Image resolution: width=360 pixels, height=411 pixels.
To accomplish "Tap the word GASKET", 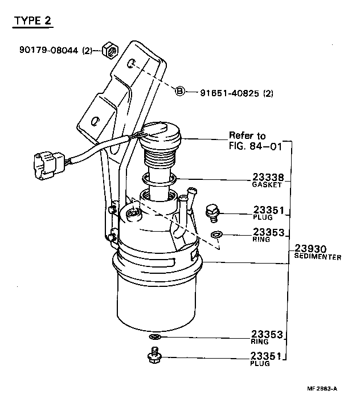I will [268, 185].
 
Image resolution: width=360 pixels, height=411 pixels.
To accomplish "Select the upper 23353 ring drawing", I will [216, 235].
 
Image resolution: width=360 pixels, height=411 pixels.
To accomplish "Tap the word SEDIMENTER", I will [317, 257].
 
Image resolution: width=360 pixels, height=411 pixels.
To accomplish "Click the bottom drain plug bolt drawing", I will [154, 356].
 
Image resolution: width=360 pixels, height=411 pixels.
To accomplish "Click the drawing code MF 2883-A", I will [322, 389].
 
